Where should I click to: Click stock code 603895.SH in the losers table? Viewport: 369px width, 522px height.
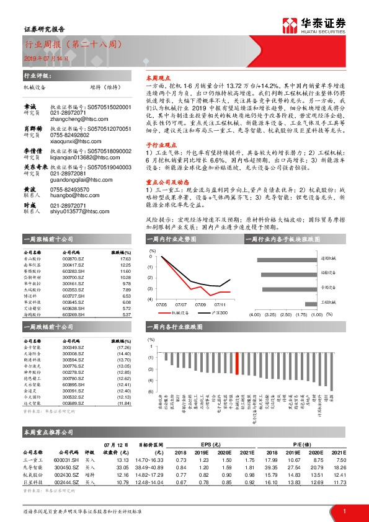[x=73, y=385]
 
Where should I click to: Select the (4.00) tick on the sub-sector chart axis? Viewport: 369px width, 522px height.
[x=254, y=315]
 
